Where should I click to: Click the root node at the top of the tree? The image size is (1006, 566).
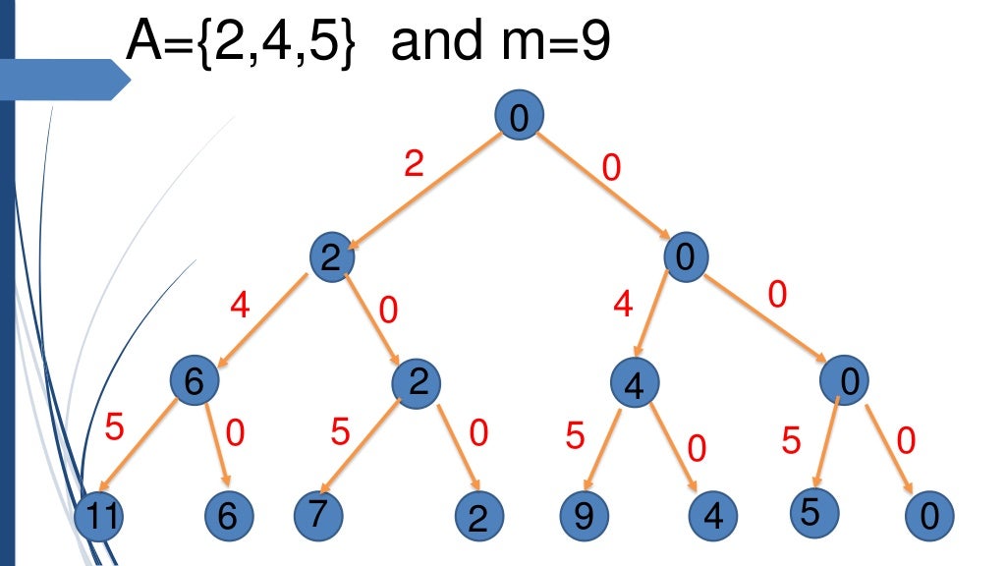point(520,118)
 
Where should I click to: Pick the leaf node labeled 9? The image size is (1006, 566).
point(584,516)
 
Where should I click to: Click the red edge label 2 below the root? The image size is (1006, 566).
point(414,164)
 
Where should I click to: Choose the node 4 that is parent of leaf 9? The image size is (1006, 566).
point(634,383)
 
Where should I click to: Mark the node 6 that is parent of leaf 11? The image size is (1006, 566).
point(192,381)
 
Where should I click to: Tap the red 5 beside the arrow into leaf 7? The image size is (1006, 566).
point(341,432)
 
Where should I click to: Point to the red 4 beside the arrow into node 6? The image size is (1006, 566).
point(240,306)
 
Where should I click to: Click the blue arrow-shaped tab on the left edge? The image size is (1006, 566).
point(64,79)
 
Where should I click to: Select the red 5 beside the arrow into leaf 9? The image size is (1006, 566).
point(577,435)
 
